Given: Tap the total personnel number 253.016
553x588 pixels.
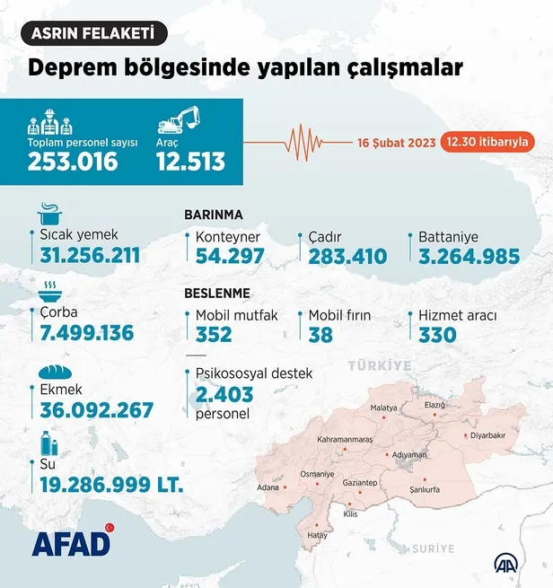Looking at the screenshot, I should [73, 162].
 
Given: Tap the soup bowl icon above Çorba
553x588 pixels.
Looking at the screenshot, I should [48, 292].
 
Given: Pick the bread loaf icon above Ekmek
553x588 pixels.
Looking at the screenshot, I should [51, 371].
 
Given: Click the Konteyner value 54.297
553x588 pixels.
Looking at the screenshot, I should [229, 257].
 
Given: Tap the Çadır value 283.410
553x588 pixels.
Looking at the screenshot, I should [347, 257].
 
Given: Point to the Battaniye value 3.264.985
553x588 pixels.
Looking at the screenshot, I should [469, 257].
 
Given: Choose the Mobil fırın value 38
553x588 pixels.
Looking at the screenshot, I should [320, 335].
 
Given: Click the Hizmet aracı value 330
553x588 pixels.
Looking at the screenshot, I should [437, 335].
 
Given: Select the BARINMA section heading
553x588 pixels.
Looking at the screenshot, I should [214, 215].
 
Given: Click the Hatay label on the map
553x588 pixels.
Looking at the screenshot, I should [318, 534].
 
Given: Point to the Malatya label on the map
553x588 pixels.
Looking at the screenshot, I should [384, 408].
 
